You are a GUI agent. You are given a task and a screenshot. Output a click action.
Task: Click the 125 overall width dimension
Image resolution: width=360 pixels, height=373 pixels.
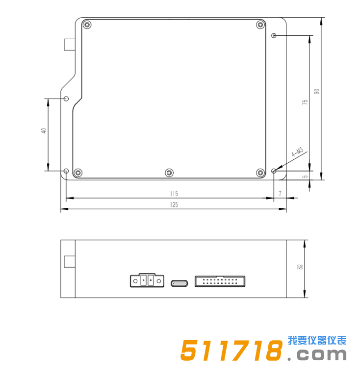pos(174,205)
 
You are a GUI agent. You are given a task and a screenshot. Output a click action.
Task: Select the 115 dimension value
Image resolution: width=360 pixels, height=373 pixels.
pos(174,194)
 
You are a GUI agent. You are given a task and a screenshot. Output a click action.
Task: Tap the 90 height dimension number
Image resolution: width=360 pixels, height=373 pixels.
pos(317,92)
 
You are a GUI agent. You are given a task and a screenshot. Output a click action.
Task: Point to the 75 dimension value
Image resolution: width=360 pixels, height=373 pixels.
pos(305,102)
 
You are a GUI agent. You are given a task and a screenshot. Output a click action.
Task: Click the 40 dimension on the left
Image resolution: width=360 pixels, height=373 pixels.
pos(44,131)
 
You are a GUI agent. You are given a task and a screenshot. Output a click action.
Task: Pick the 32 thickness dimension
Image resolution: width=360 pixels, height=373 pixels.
pos(300,267)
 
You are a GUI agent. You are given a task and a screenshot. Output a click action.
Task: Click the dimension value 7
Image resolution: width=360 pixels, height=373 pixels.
pos(280,194)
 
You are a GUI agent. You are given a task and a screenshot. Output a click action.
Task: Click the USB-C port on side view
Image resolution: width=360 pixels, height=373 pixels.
pos(179,283)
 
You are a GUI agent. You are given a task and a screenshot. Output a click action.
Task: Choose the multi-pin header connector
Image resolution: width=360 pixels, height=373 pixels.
pos(220,281)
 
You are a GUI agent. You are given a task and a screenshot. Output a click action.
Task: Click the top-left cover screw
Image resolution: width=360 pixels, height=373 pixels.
pos(87,25)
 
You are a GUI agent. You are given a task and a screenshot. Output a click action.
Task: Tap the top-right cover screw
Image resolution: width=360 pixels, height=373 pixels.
pos(260,25)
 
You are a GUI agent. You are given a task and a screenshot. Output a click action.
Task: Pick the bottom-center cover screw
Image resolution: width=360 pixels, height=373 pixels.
pos(169,173)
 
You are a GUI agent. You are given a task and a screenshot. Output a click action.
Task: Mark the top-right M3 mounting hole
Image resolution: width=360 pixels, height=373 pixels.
pos(274,36)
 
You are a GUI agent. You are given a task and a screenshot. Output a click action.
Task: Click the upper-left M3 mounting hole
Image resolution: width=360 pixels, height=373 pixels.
pos(67,99)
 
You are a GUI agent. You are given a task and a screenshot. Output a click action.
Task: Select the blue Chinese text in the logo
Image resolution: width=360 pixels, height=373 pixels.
pos(317,340)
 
